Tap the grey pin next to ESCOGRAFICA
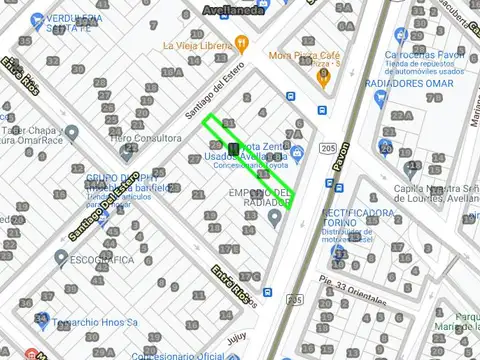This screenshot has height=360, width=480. click(x=61, y=257)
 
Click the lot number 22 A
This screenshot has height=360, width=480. click(x=401, y=116)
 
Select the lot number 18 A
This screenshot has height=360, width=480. click(x=171, y=72)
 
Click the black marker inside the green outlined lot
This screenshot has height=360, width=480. click(x=234, y=150)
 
